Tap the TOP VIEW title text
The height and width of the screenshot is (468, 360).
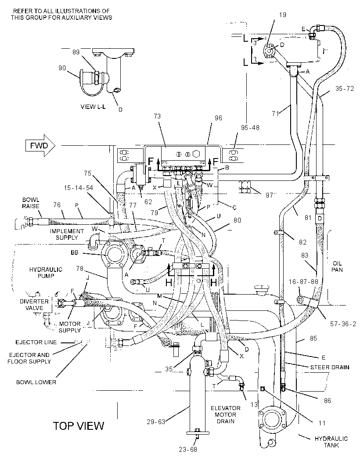79,425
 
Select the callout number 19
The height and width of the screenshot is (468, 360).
282,14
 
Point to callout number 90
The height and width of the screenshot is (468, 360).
62,68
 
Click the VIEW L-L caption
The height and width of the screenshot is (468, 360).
93,107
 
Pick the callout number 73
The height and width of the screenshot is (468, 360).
157,116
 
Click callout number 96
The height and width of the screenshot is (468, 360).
218,118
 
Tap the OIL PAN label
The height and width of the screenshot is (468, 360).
337,266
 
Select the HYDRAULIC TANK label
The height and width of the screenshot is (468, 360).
331,442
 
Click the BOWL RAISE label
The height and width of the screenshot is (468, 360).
30,203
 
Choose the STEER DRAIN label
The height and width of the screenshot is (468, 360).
330,367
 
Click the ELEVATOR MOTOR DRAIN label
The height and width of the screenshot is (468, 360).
225,414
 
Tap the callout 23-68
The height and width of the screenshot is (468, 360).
188,449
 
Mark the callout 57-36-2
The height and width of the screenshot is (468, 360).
343,324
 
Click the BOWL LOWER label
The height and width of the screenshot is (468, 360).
36,382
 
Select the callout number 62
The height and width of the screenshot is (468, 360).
148,202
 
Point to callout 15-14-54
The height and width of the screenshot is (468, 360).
79,188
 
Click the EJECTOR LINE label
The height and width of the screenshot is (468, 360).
36,342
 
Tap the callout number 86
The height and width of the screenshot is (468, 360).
328,400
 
